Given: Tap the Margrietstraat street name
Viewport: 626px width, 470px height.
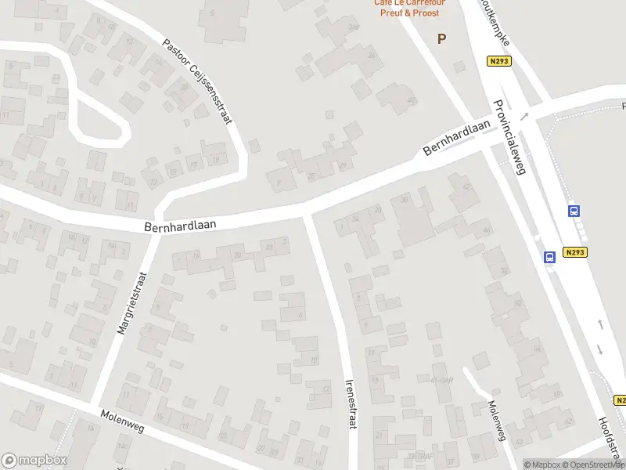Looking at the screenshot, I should tap(131, 304).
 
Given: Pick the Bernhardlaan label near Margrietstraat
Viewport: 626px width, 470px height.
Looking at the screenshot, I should tap(179, 225).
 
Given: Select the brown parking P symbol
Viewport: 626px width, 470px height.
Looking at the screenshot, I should tap(442, 38).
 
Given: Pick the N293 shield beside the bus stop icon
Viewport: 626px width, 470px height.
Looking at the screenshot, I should tap(574, 252).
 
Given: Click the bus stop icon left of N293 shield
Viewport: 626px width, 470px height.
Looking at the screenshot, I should tap(549, 256).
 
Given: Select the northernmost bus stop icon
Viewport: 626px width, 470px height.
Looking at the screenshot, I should tap(574, 211).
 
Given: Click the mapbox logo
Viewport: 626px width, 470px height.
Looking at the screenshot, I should tap(34, 461).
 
